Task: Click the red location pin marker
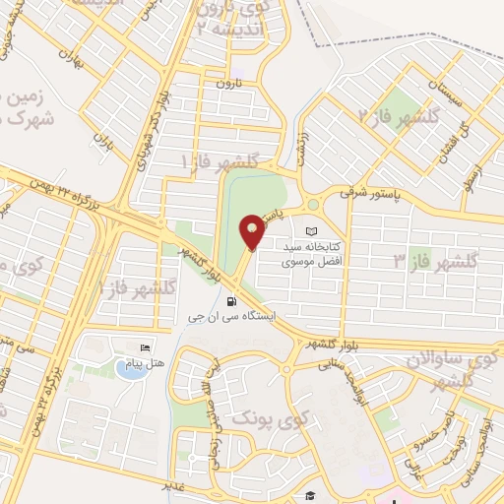pos(252,231)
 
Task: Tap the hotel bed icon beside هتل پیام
pos(145,348)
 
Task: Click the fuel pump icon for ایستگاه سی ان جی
pos(230,302)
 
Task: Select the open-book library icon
pos(313,229)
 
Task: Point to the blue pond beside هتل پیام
pos(128,368)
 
